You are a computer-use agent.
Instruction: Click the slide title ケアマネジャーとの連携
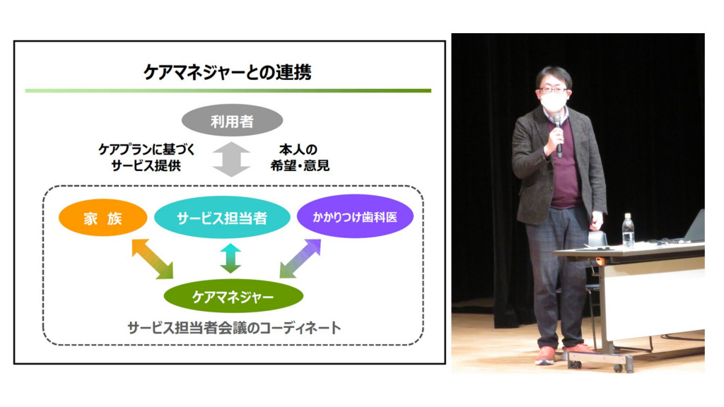tap(227, 72)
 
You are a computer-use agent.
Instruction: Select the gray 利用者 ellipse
tap(232, 120)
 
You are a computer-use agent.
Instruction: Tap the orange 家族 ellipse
tap(103, 218)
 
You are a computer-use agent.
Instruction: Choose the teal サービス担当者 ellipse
tap(222, 218)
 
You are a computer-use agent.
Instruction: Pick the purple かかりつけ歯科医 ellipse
tap(355, 216)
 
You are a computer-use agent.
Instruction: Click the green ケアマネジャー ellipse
tap(233, 296)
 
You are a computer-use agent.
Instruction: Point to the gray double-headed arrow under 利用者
tap(231, 160)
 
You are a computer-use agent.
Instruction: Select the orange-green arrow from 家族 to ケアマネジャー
tap(153, 259)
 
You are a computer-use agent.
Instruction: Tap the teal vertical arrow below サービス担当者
tap(230, 259)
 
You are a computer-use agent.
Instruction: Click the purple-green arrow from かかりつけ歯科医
tap(300, 259)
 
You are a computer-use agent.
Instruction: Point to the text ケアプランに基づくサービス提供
tap(146, 158)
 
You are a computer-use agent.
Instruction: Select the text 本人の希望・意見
tap(300, 158)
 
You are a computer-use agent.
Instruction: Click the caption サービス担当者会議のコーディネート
tap(233, 328)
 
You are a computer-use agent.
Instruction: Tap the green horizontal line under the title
tap(228, 91)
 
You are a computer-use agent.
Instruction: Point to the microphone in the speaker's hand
tap(559, 136)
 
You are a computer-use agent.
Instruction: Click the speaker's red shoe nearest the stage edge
tap(545, 355)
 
